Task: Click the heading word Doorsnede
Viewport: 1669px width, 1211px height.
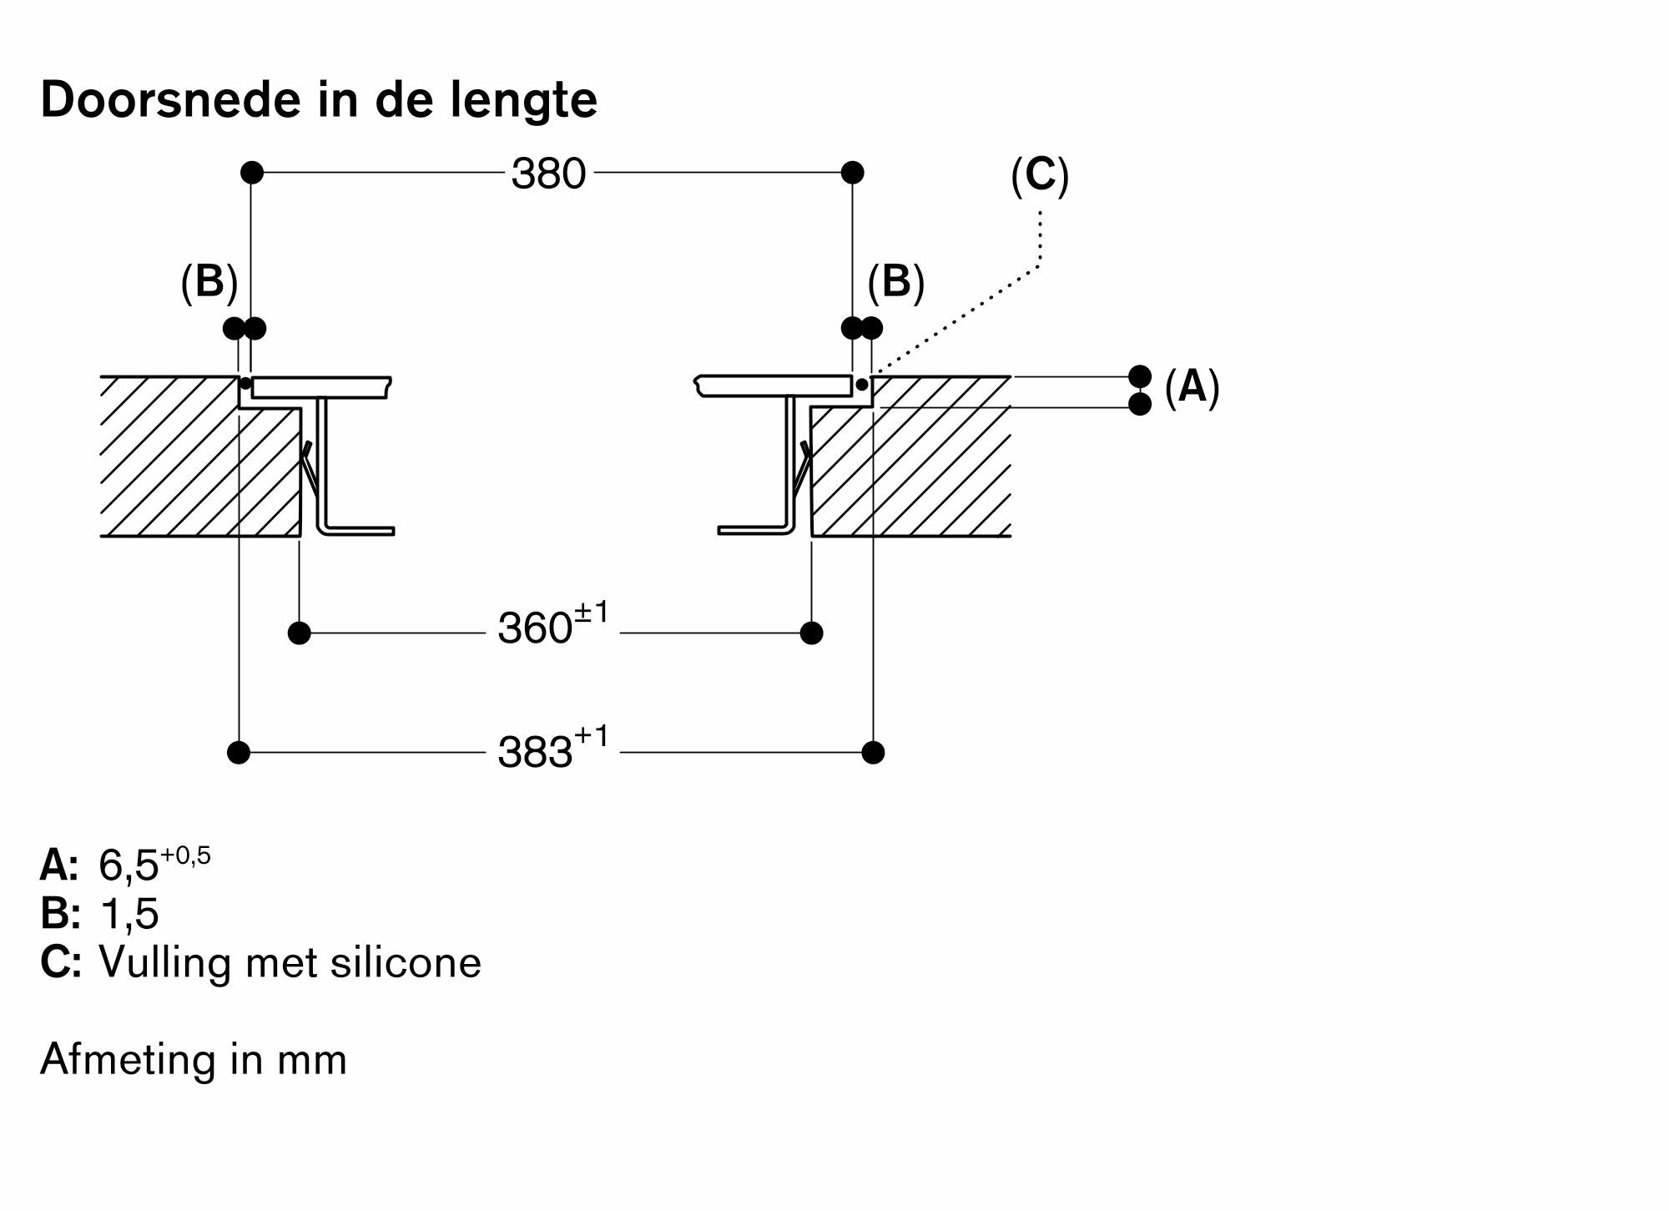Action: (x=172, y=100)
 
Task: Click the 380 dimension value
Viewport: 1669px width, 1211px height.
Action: (x=548, y=174)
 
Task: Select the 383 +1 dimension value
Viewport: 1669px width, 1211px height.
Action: (x=552, y=749)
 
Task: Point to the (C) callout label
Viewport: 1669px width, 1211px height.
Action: (x=1039, y=176)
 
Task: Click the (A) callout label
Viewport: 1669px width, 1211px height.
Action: (x=1192, y=387)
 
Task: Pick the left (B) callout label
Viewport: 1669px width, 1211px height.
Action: (x=209, y=282)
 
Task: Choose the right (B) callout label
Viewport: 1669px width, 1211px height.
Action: (x=895, y=282)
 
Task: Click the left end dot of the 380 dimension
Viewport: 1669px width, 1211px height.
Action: (x=252, y=173)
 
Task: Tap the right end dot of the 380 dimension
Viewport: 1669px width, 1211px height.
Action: (x=852, y=173)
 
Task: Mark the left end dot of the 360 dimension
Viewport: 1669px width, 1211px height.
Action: (x=299, y=633)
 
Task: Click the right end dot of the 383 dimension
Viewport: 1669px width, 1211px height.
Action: (x=873, y=753)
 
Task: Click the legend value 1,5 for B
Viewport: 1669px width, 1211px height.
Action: (x=129, y=914)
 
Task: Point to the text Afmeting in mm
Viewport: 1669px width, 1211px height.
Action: (x=194, y=1060)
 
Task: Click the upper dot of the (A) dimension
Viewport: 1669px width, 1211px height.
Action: (x=1140, y=376)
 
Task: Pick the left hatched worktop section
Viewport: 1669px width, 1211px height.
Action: (x=192, y=467)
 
